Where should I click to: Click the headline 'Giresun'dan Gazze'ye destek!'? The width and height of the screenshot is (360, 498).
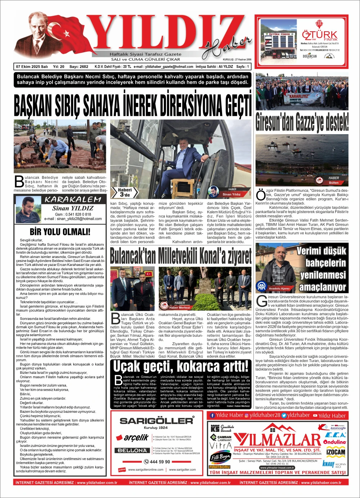[x=302, y=122]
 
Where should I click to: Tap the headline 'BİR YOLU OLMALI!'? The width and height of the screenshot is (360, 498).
[x=60, y=231]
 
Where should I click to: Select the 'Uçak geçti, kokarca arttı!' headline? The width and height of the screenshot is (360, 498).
[x=181, y=366]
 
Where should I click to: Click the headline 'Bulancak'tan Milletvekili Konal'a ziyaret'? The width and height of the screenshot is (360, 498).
[x=180, y=256]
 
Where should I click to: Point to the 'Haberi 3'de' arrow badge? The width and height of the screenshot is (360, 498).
[x=125, y=192]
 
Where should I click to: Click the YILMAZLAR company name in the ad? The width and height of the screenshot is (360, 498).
[x=277, y=440]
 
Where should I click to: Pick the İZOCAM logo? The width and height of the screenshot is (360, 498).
[x=336, y=452]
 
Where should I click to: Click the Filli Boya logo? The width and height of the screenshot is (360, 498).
[x=220, y=457]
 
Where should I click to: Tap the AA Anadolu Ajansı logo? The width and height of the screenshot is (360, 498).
[x=261, y=286]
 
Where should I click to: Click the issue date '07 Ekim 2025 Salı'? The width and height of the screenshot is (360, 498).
[x=32, y=67]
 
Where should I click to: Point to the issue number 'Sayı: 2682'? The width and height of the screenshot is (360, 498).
[x=79, y=67]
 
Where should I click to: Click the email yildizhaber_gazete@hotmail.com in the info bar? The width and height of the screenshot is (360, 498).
[x=163, y=67]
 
